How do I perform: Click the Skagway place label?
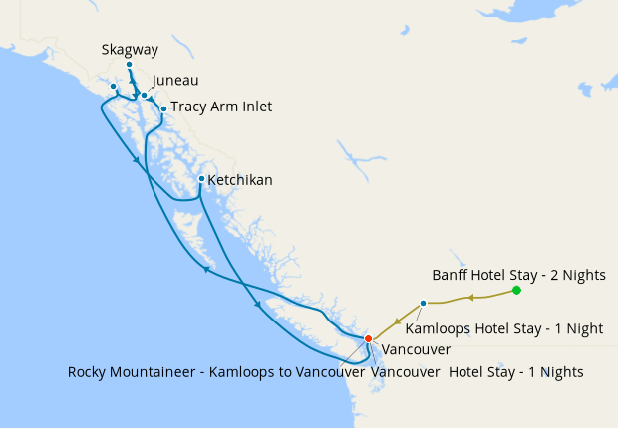[x=130, y=50]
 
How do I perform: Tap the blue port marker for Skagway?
[x=129, y=65]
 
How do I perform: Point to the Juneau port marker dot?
[x=145, y=96]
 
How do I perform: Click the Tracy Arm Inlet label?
[x=221, y=107]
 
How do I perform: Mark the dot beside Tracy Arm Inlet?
[x=163, y=108]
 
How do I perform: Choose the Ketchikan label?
[x=240, y=180]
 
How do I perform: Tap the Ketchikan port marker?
[x=201, y=179]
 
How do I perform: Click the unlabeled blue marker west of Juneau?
[x=113, y=87]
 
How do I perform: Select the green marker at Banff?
[x=516, y=291]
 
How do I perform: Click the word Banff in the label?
[x=452, y=274]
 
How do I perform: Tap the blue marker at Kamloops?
[x=423, y=303]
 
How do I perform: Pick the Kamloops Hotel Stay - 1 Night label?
[x=518, y=327]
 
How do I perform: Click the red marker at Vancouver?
[x=368, y=339]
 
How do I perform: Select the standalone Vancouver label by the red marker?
[x=417, y=350]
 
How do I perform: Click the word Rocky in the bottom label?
[x=89, y=372]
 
